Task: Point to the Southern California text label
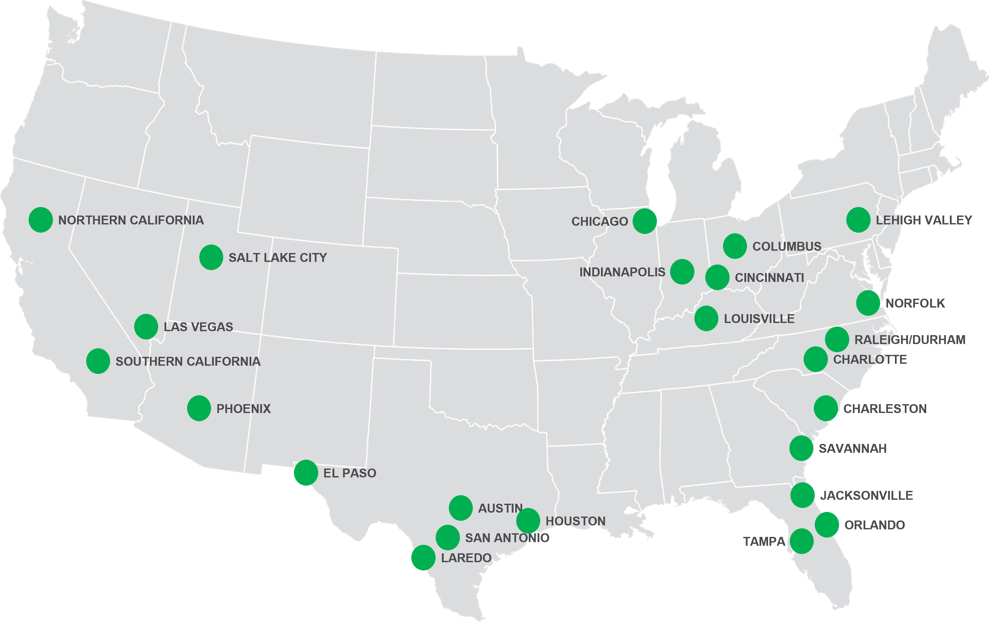coord(188,362)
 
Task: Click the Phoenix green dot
coord(199,408)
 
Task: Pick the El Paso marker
coord(305,473)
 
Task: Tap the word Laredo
coord(466,558)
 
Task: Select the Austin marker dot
coord(460,508)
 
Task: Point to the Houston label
coord(575,521)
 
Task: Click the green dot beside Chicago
coord(644,221)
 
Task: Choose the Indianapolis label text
coord(622,272)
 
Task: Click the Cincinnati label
coord(769,278)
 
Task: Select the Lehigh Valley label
coord(924,220)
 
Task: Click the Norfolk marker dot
coord(868,303)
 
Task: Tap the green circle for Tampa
coord(801,541)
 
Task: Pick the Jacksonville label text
coord(867,495)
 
